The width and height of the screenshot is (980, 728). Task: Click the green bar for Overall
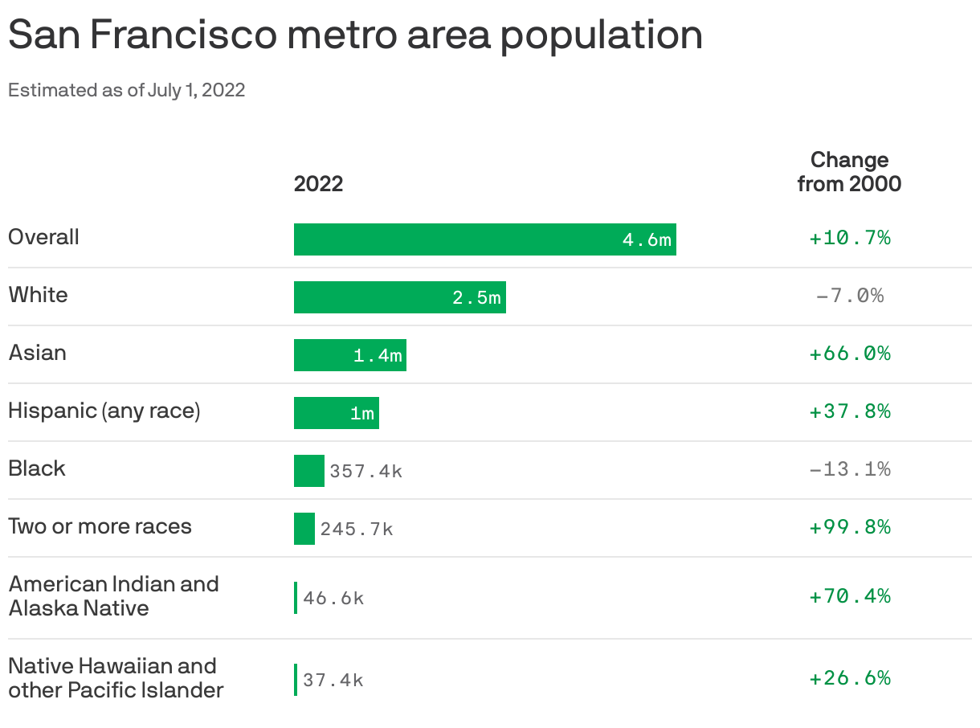(484, 239)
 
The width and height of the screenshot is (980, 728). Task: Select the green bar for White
(399, 297)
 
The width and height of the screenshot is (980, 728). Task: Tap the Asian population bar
(349, 355)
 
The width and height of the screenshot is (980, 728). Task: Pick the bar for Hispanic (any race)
(336, 413)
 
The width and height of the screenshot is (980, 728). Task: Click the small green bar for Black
(308, 471)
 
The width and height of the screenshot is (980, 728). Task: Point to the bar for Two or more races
(304, 529)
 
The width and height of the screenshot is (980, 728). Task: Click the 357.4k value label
(365, 472)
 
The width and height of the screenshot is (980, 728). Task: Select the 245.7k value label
(357, 530)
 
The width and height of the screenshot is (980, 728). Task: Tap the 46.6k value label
(333, 599)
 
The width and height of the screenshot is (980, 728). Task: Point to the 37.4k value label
(333, 681)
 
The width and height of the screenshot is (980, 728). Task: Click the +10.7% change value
(849, 238)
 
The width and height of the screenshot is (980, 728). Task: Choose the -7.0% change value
(849, 296)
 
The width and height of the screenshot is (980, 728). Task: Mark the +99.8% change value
(849, 527)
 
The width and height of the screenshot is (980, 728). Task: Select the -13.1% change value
(849, 469)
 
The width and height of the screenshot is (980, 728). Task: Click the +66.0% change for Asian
(849, 354)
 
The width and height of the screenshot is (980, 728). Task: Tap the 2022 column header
(318, 184)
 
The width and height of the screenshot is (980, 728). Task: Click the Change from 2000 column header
(849, 171)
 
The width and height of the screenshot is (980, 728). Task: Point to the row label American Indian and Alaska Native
(113, 595)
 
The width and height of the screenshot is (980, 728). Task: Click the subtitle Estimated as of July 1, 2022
(126, 90)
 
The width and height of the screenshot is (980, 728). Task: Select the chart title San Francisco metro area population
(355, 35)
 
